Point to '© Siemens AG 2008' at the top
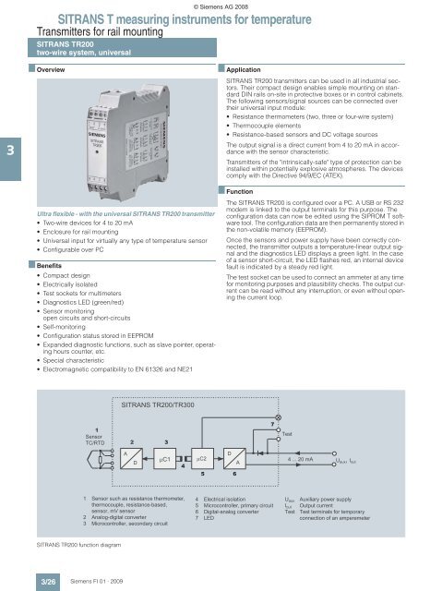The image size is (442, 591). pos(221,6)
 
